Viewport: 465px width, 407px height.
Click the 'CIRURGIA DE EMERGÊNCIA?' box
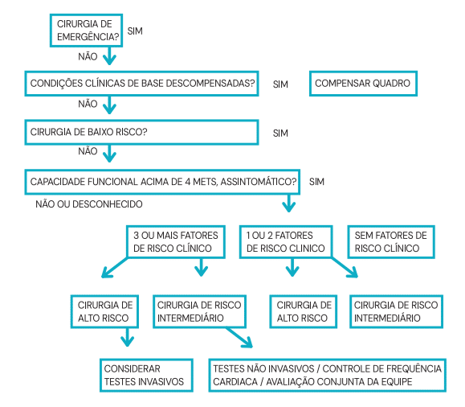point(87,31)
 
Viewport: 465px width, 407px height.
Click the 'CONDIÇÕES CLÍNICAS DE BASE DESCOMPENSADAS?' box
point(143,84)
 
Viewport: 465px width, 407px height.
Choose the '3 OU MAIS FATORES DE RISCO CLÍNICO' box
point(173,241)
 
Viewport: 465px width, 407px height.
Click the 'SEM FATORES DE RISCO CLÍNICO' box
point(389,241)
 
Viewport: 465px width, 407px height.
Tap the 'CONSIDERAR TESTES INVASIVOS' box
point(145,375)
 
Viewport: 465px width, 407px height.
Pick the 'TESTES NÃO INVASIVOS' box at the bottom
point(327,375)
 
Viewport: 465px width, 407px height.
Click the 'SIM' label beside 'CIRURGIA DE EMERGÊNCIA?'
point(137,31)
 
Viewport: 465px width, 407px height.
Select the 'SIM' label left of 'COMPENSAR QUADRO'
point(280,84)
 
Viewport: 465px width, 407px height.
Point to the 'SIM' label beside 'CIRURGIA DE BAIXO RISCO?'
point(280,133)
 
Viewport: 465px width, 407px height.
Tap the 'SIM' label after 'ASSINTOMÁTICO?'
point(316,181)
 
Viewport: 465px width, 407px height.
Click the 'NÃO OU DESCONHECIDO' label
point(89,204)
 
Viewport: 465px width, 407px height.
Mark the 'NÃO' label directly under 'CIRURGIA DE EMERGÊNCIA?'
point(88,57)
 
